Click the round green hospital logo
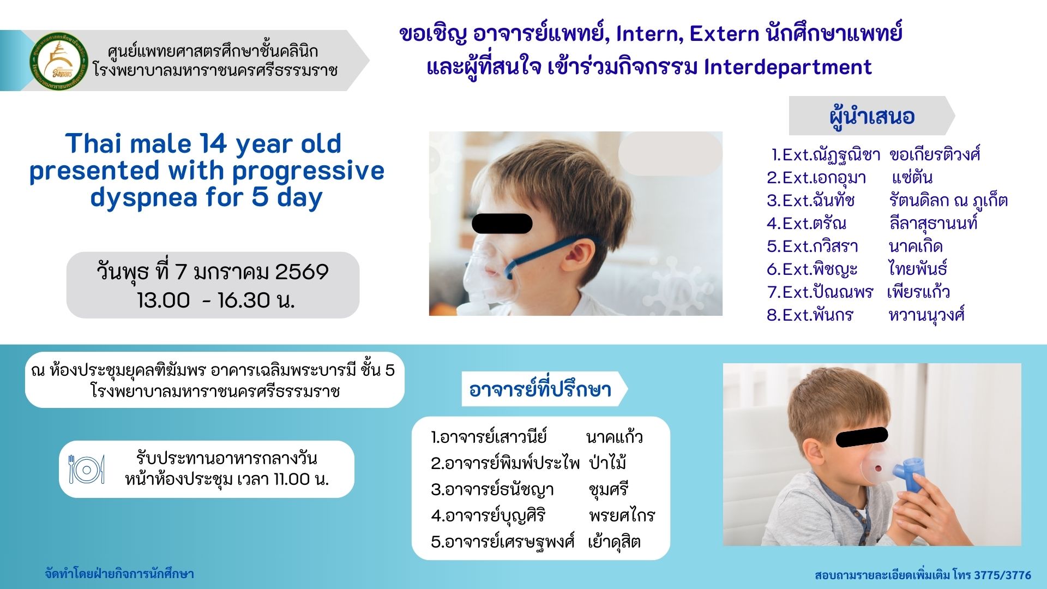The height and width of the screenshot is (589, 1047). (59, 61)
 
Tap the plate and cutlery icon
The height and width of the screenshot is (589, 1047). (87, 469)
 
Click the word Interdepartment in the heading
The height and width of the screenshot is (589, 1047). (787, 67)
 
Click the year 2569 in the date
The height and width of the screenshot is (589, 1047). (302, 272)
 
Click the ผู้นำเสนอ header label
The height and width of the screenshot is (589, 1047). (872, 116)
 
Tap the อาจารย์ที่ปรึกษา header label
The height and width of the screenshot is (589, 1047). (540, 389)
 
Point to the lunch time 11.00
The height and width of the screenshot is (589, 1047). (291, 479)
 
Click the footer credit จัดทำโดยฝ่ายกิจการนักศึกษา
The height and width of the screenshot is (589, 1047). (119, 574)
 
